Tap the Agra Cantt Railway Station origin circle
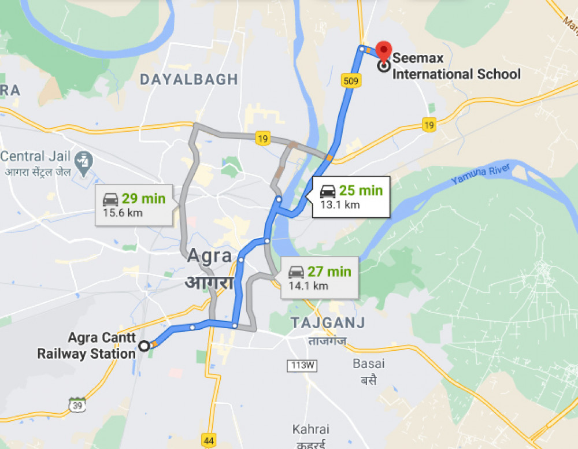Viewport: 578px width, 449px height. point(144,346)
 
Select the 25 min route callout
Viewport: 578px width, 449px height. point(351,196)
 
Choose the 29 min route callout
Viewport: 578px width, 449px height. point(134,205)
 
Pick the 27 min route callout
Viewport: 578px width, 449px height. point(320,277)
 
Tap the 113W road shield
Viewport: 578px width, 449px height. point(302,365)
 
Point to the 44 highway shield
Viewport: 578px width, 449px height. point(209,441)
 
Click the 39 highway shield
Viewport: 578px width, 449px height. point(77,405)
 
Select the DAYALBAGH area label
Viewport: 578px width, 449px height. point(188,79)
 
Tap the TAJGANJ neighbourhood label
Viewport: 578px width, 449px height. point(327,322)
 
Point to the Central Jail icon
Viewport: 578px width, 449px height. point(84,161)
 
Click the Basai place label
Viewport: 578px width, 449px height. point(369,364)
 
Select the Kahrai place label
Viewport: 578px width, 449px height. point(310,429)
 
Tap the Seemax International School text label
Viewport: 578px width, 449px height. point(456,66)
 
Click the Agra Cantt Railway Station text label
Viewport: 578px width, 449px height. point(86,346)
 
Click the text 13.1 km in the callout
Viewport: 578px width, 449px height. point(340,205)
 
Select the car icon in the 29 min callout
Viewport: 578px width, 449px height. point(110,199)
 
